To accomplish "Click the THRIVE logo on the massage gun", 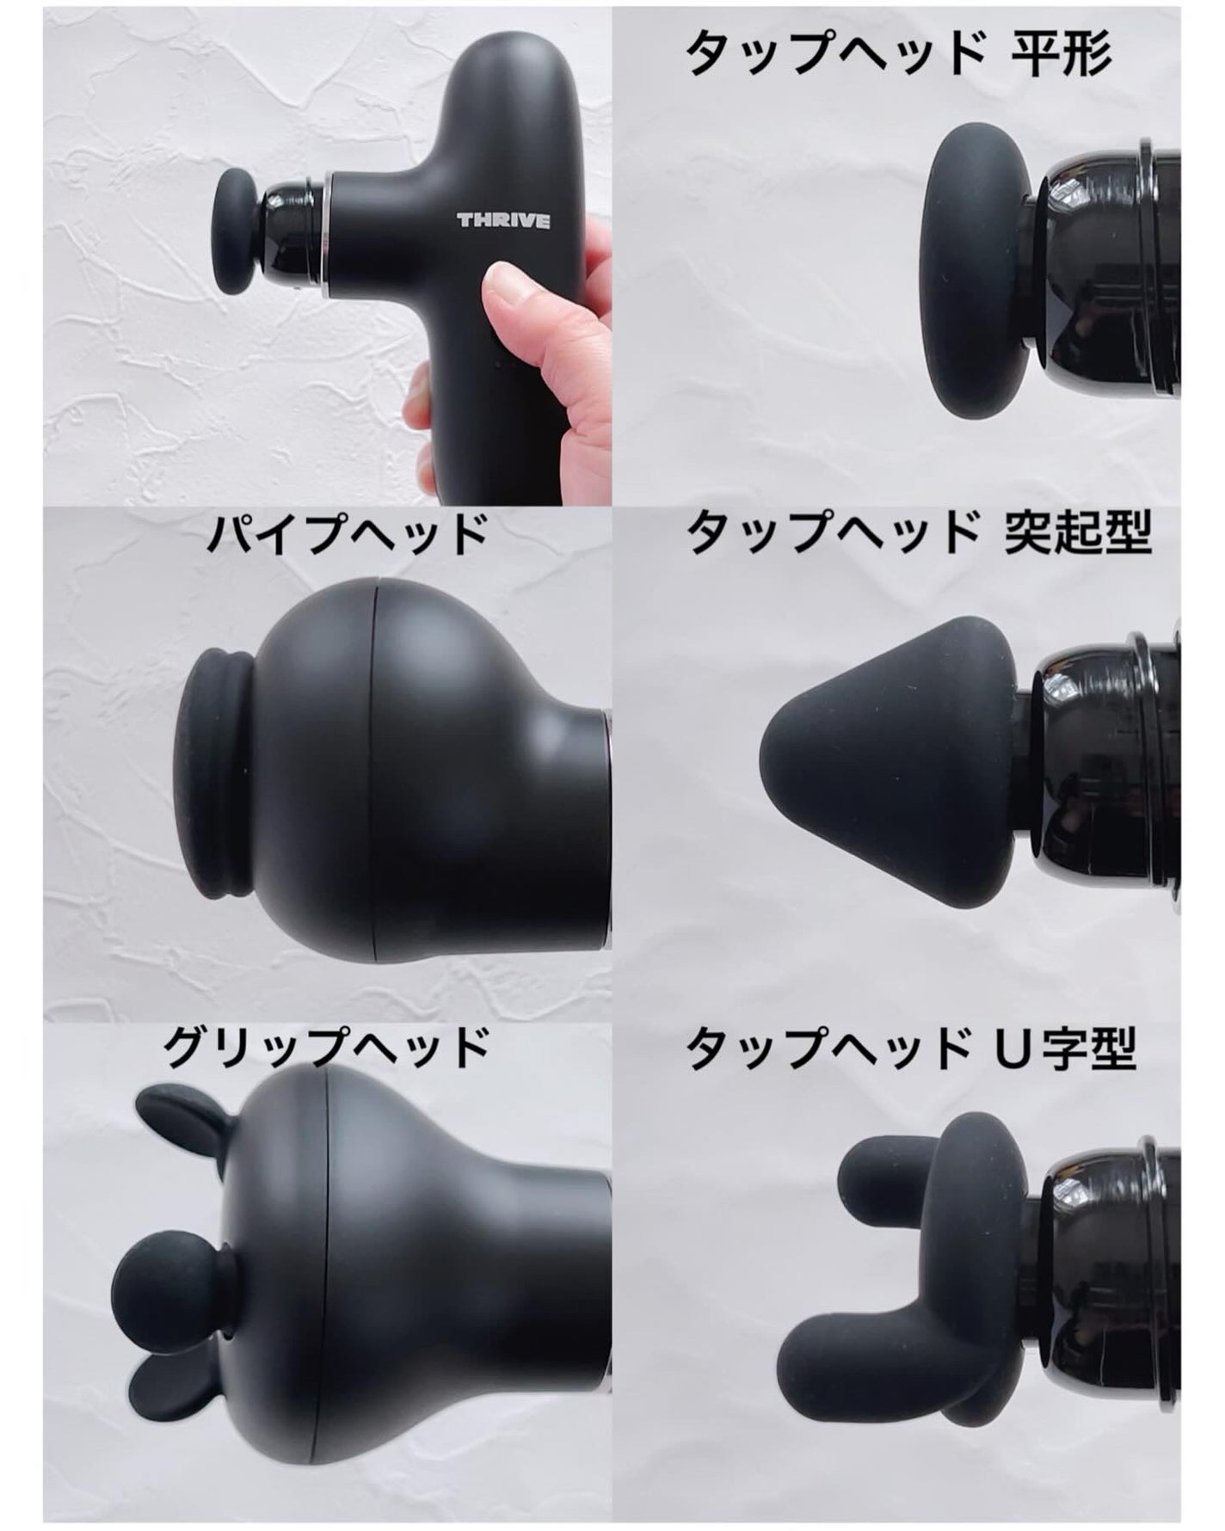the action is pyautogui.click(x=503, y=221).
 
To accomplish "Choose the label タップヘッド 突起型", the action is pyautogui.click(x=918, y=534).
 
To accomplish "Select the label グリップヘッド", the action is pyautogui.click(x=326, y=1047).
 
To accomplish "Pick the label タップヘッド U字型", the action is pyautogui.click(x=911, y=1047).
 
